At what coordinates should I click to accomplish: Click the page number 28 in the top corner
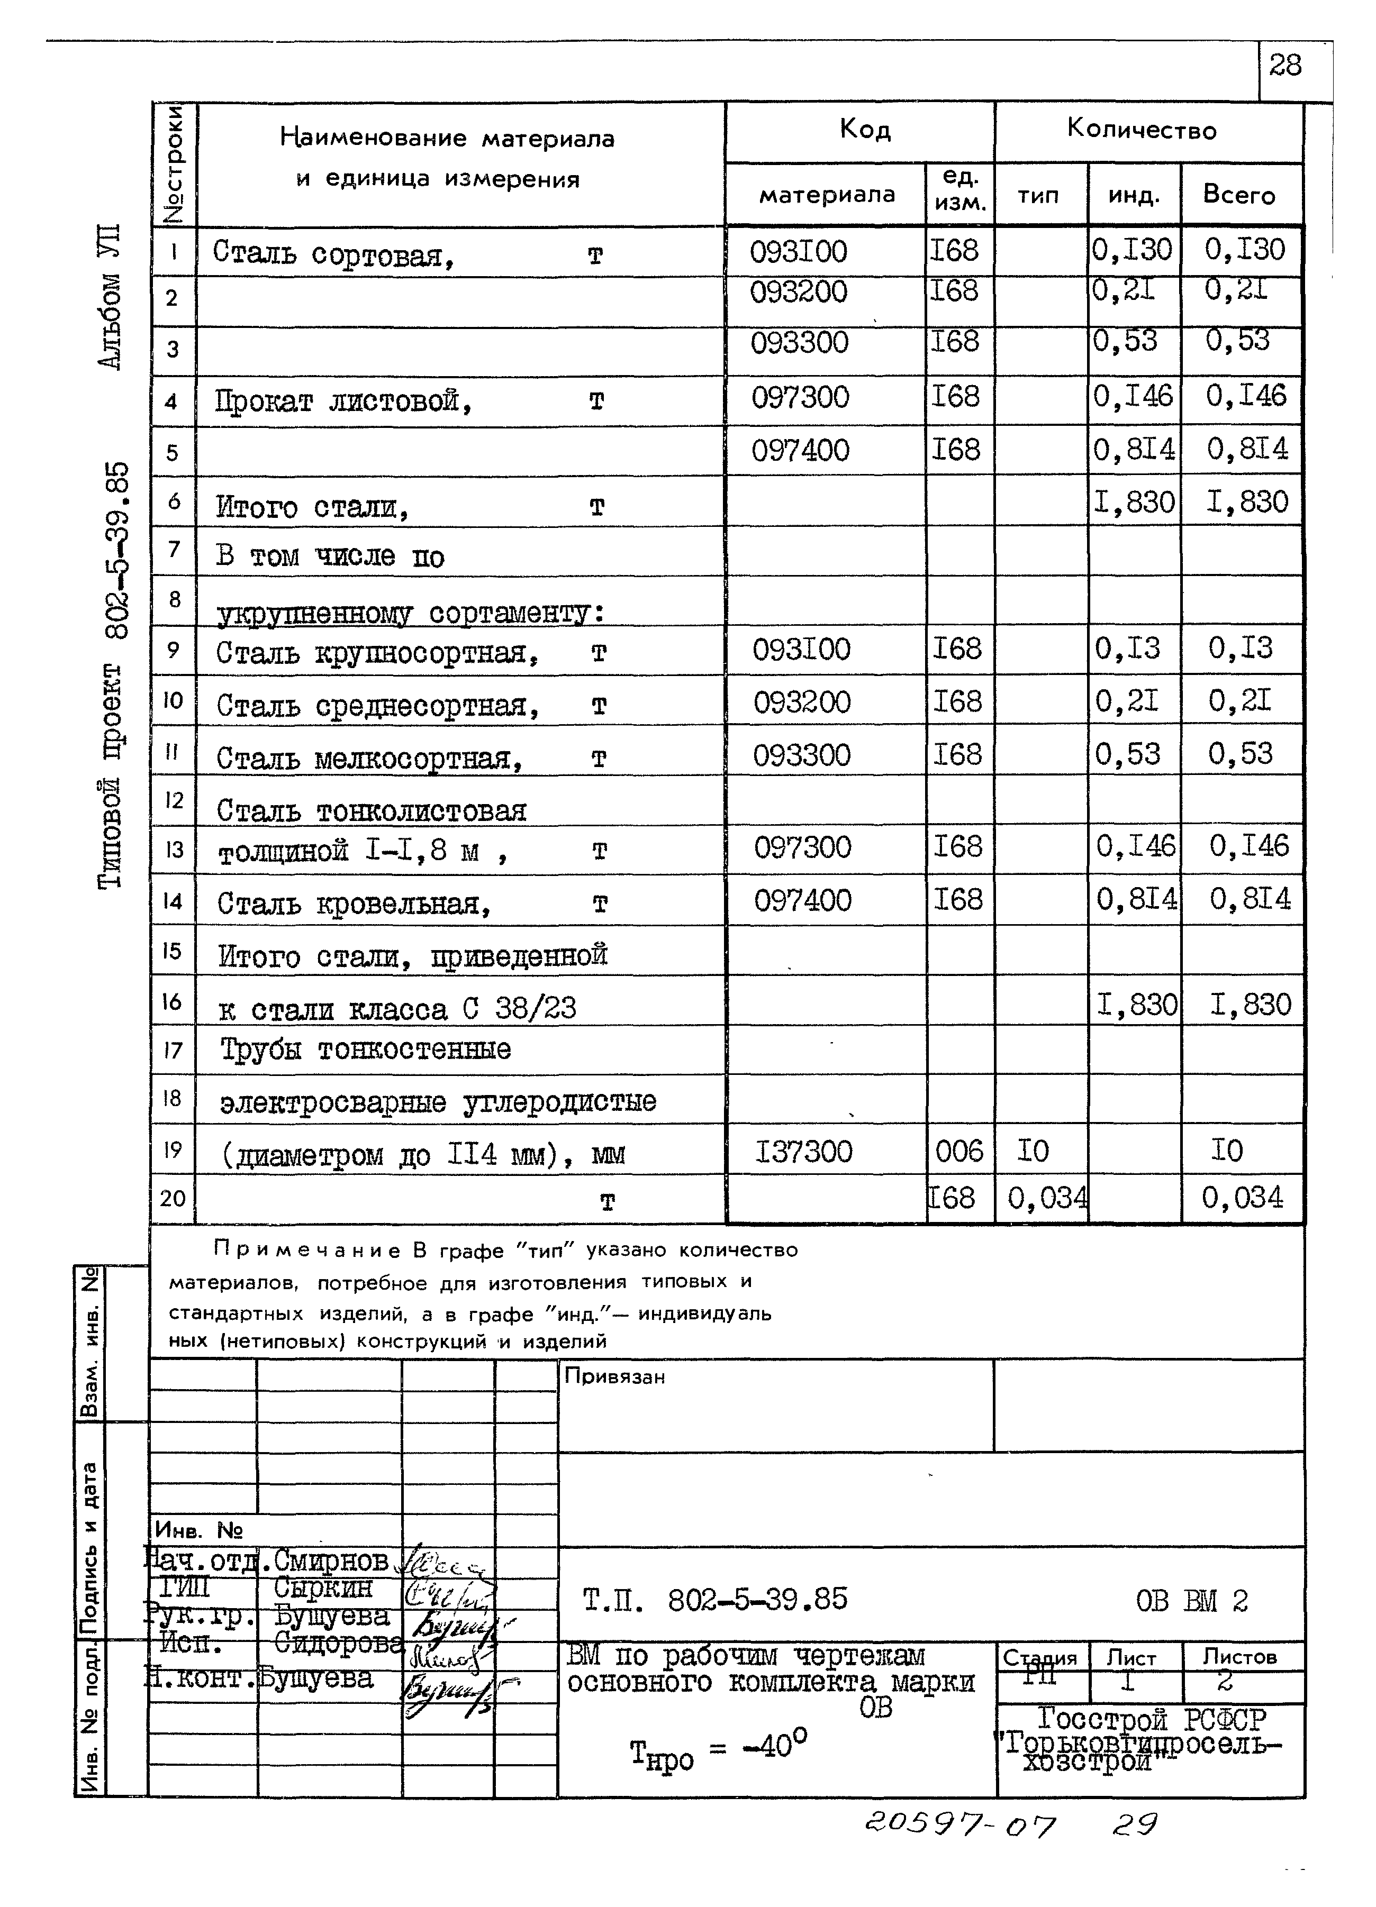coord(1284,66)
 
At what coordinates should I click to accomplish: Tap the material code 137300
coord(803,1151)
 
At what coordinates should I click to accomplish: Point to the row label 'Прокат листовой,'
coord(343,402)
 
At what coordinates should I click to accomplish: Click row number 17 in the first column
coord(173,1050)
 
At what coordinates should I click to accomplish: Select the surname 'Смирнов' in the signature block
coord(331,1562)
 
